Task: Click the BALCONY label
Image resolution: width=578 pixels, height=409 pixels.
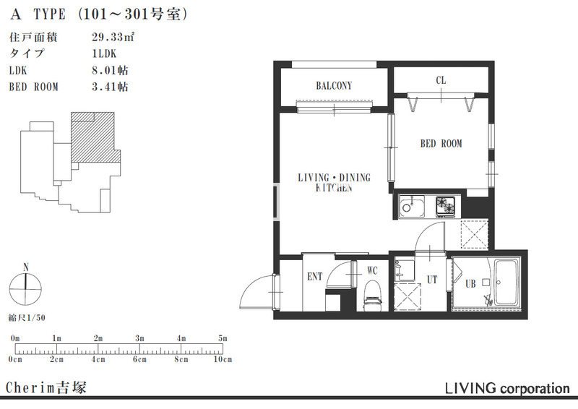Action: [x=334, y=86]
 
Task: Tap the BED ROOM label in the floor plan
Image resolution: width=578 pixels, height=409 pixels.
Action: [x=441, y=143]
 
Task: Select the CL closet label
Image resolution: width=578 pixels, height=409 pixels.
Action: [x=441, y=80]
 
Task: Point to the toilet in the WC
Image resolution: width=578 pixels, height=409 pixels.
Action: [x=372, y=295]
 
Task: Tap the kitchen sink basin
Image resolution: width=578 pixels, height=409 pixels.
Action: [x=411, y=207]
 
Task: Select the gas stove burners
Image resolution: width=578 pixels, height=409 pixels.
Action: [x=446, y=206]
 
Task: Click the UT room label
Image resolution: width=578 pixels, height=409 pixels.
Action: [x=432, y=280]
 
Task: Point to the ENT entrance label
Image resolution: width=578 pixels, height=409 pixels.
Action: [x=314, y=277]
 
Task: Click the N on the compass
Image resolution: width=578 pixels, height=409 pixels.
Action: [x=26, y=267]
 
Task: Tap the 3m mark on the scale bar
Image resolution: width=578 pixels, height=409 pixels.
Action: [x=139, y=338]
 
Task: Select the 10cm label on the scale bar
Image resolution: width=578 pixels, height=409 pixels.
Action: [x=223, y=359]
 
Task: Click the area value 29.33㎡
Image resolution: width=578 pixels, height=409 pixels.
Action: [x=113, y=37]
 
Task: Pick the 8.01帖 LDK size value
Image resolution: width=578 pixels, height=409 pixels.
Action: [x=110, y=69]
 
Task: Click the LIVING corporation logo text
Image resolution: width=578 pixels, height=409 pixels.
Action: [x=507, y=388]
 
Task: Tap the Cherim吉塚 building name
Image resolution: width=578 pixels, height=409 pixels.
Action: [x=46, y=387]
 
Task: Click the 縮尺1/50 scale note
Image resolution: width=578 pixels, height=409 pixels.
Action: [x=27, y=317]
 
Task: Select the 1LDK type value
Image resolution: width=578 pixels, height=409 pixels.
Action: [x=104, y=53]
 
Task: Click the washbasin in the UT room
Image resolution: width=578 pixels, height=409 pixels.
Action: [x=404, y=270]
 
